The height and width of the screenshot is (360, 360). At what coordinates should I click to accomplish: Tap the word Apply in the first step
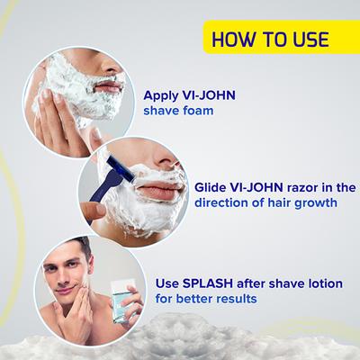(163, 95)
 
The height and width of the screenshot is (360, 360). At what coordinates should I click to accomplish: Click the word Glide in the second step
(212, 187)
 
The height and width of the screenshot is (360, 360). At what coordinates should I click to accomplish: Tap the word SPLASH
(225, 283)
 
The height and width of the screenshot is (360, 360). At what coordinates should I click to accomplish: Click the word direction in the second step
(224, 203)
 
